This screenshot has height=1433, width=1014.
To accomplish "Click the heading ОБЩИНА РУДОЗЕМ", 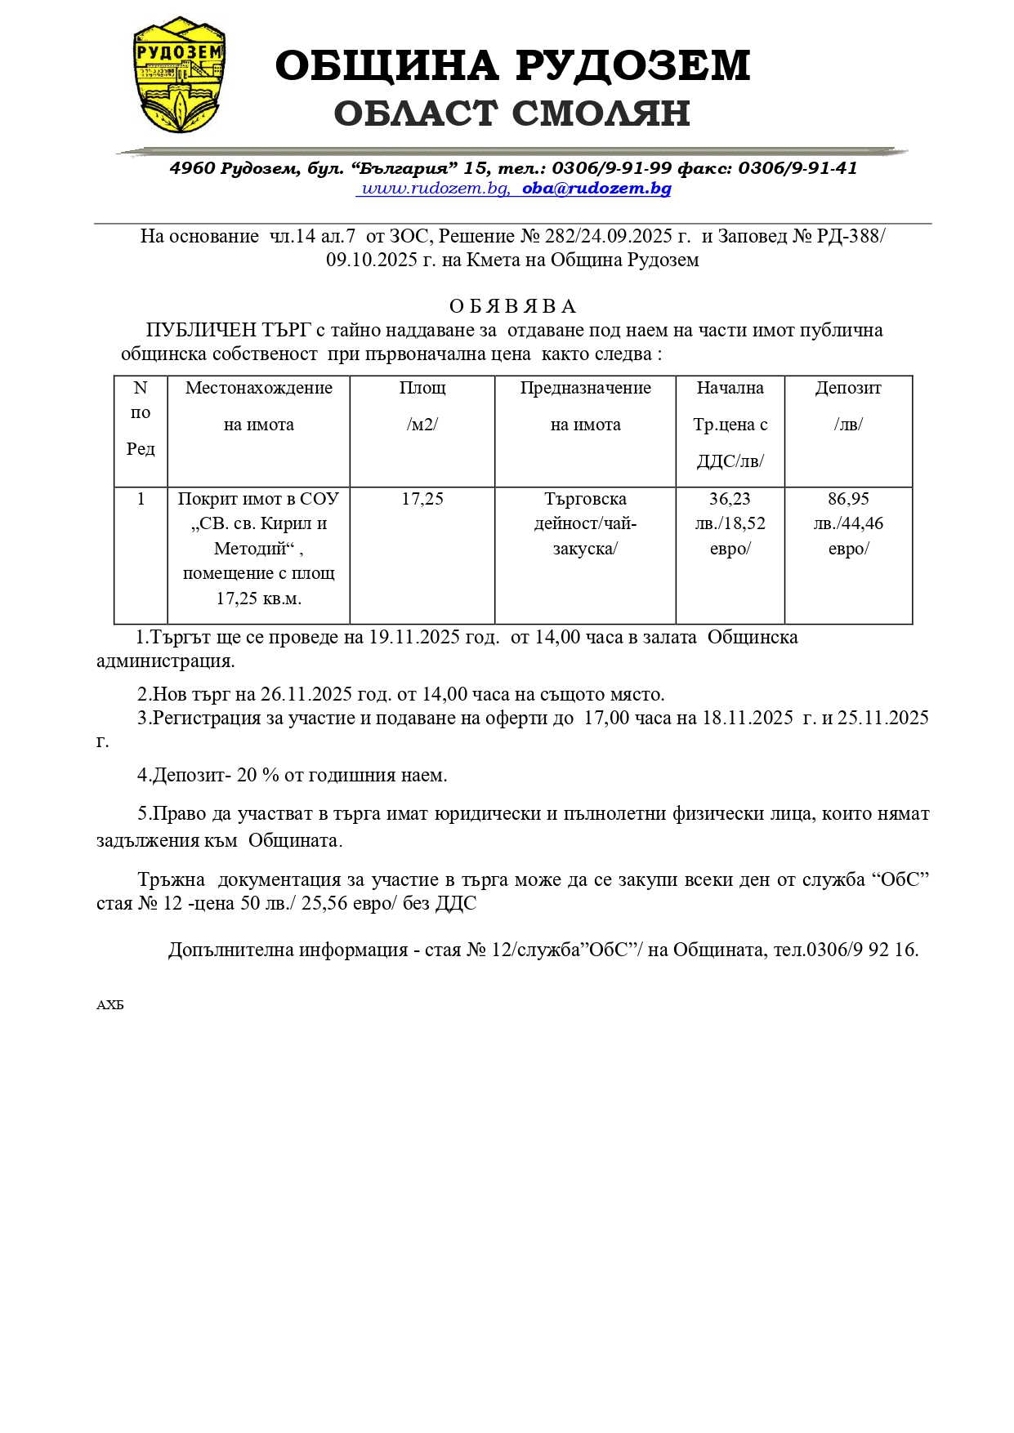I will tap(512, 66).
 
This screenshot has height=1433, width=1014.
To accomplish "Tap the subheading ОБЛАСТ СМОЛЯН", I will tap(512, 113).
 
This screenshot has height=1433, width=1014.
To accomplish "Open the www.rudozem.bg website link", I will tap(435, 189).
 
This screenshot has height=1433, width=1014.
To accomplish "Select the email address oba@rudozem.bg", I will tap(596, 189).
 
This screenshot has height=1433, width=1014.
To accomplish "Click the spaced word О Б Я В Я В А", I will tap(512, 307).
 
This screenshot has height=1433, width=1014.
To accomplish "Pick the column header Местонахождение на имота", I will tap(259, 406).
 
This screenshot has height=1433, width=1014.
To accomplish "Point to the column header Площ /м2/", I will tap(422, 406).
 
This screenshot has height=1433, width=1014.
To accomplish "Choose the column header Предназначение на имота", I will tap(585, 406).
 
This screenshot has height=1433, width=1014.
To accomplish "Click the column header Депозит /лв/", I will tap(848, 406).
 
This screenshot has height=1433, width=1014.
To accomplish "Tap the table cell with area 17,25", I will tap(422, 499).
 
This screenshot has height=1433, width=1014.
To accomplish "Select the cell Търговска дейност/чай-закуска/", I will tap(585, 523).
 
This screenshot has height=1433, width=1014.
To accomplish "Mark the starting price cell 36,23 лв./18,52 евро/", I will tap(730, 523).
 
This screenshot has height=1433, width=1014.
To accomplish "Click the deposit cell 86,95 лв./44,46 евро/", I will tap(848, 523).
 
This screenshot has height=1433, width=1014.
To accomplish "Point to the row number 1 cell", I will tap(141, 499).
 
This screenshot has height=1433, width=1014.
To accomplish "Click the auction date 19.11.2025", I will tap(414, 638).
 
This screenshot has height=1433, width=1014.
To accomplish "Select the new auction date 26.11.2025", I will tap(306, 695).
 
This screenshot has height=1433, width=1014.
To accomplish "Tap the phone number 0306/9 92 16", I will tap(861, 950).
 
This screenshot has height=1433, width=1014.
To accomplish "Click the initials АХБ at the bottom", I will tap(110, 1005).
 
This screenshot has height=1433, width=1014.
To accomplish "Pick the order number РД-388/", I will tap(851, 237).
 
